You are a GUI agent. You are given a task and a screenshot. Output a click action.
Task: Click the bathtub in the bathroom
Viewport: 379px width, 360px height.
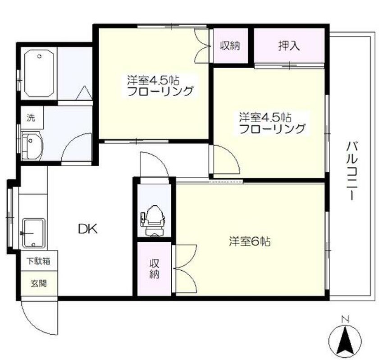click(x=39, y=74)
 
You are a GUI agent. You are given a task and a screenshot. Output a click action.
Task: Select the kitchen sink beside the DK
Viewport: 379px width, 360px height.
click(x=34, y=232)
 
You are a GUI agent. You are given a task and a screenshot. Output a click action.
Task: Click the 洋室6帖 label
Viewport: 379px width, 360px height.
click(x=249, y=242)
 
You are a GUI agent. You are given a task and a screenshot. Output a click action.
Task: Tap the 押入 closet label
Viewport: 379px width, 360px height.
click(x=289, y=46)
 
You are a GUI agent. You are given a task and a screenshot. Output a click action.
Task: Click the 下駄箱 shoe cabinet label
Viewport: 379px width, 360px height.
click(x=38, y=261)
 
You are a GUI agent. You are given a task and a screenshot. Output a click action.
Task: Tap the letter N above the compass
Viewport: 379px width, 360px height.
click(x=345, y=319)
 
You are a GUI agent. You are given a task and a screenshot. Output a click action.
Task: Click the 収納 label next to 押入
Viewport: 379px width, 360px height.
click(x=229, y=46)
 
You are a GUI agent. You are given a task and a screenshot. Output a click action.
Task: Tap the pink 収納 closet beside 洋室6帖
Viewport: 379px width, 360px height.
click(x=154, y=269)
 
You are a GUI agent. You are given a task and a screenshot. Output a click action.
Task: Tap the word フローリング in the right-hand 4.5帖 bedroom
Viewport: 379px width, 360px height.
click(x=272, y=129)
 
